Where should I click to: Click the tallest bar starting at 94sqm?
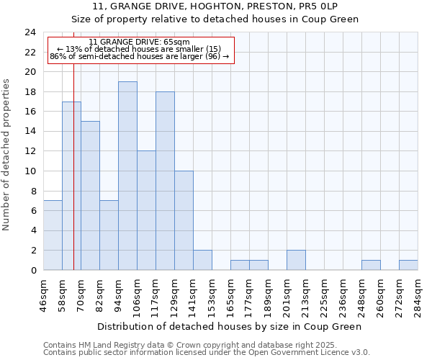coord(127,176)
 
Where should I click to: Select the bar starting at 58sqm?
coord(71,186)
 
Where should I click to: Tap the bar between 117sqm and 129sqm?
coord(165,181)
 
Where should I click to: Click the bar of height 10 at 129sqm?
coord(184,220)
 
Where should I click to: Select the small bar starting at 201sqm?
coord(296,260)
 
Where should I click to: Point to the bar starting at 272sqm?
coord(408,265)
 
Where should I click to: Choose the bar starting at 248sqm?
coord(371,265)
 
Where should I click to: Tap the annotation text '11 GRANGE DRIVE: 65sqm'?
coord(140,42)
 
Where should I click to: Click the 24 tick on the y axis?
coord(30,32)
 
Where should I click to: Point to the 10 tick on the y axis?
coord(30,171)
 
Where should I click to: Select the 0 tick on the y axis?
coord(33,271)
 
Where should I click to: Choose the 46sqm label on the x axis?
coord(44,294)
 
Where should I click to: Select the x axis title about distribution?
coord(230,326)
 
